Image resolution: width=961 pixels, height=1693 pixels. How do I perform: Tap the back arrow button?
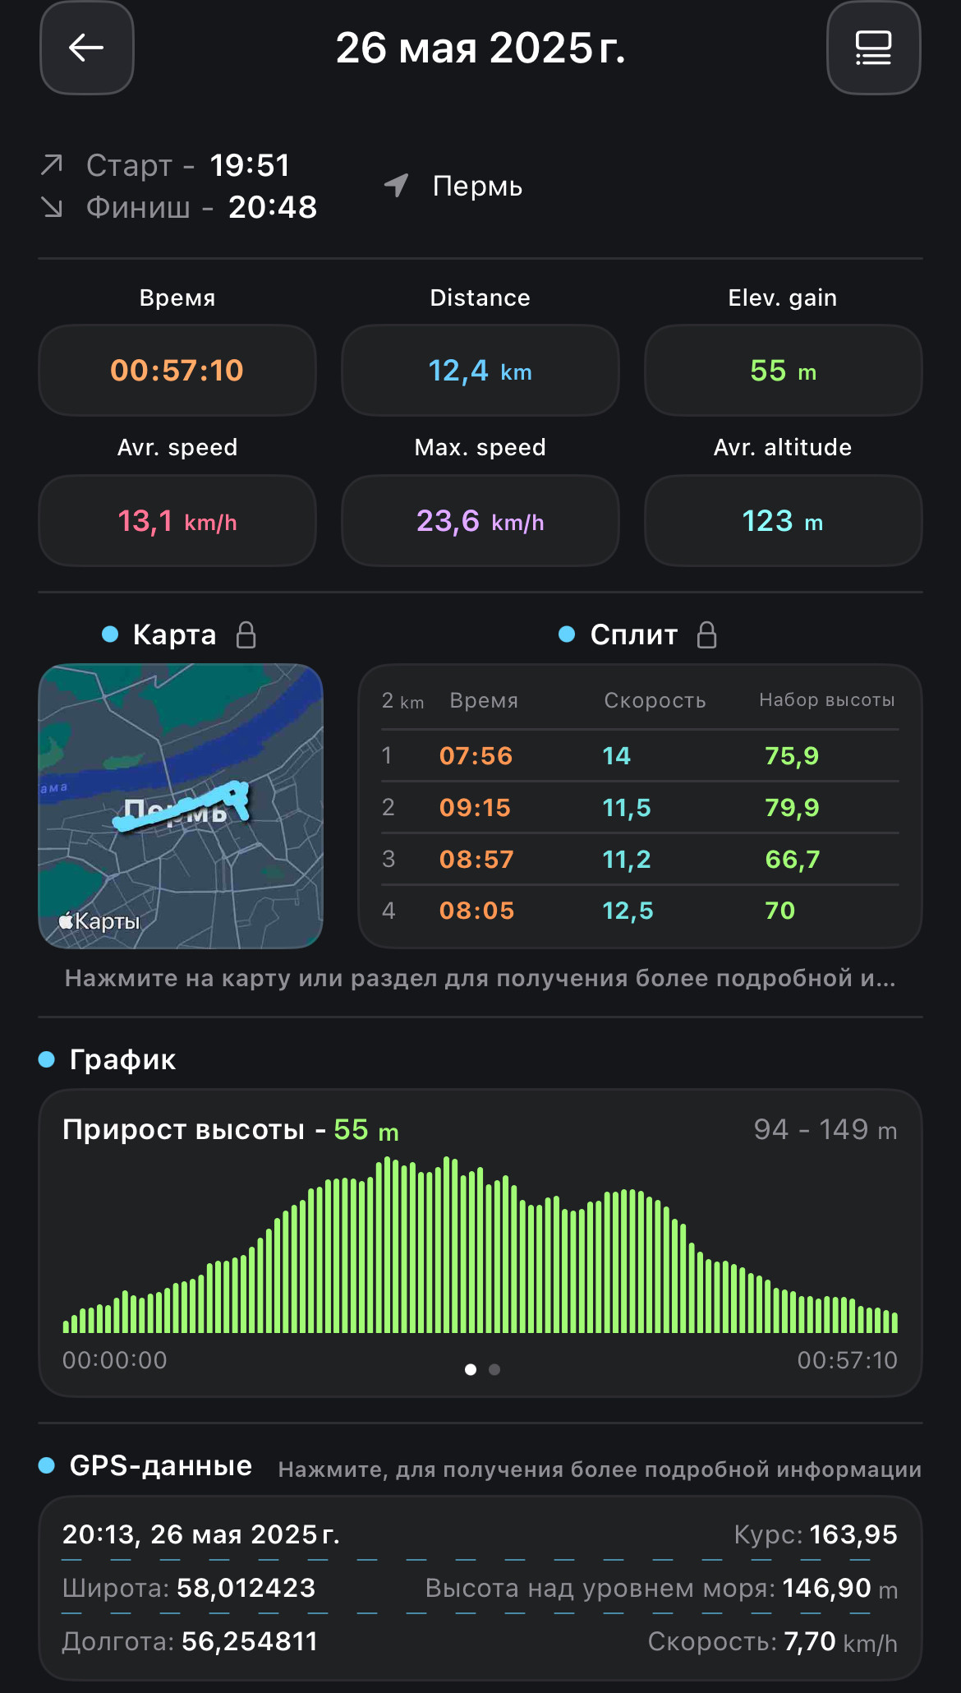pos(86,48)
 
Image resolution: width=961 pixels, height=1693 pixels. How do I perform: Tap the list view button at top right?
pos(873,48)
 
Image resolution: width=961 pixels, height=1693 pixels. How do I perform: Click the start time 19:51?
pos(250,165)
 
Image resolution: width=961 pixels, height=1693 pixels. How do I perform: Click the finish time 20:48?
pos(273,207)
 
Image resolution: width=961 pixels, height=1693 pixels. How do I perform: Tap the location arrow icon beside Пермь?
pos(397,186)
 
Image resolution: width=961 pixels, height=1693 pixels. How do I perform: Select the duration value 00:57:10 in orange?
pos(177,371)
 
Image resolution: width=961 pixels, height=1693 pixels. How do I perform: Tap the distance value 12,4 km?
pos(480,371)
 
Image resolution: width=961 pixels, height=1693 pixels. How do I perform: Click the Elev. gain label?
pos(783,298)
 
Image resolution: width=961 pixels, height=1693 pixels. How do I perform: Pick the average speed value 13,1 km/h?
pos(177,521)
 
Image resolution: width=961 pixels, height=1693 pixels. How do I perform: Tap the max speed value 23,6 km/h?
pos(480,521)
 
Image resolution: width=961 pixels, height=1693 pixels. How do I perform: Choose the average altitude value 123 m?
pos(783,521)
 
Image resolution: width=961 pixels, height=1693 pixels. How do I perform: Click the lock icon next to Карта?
pos(246,634)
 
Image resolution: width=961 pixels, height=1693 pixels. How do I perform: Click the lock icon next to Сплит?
pos(707,634)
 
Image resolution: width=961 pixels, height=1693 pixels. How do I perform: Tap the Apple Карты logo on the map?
pos(99,921)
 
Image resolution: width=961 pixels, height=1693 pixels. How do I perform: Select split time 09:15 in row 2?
pos(475,808)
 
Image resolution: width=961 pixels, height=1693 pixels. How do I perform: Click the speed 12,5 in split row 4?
pos(628,911)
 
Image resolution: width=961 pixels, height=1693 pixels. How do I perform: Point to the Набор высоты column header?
pos(827,700)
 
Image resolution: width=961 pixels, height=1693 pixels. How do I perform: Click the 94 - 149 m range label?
pos(825,1130)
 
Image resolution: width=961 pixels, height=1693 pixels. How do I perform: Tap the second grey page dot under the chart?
pos(494,1369)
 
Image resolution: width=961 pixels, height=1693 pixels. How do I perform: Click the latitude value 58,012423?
pos(246,1588)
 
